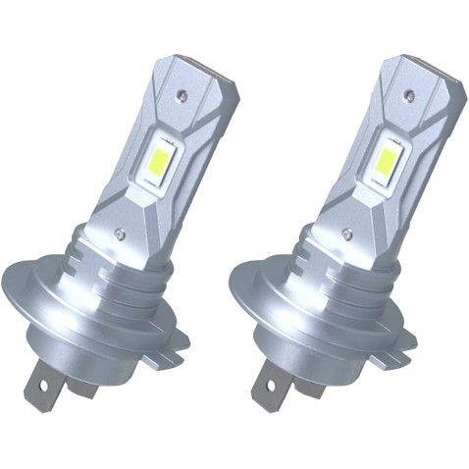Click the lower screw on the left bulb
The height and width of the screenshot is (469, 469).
119,234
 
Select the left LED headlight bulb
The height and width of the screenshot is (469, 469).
128,226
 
